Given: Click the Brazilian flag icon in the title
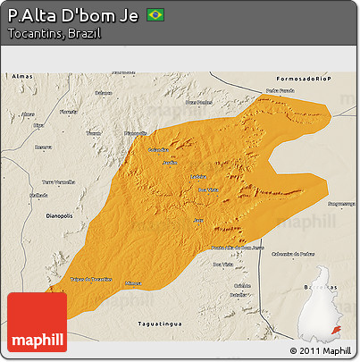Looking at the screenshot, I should (x=155, y=15).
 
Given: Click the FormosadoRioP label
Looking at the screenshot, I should (x=303, y=79).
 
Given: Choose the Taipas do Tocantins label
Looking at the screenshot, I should (x=90, y=280).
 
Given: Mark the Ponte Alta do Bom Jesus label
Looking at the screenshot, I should (x=236, y=247).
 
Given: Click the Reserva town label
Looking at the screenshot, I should (x=43, y=147).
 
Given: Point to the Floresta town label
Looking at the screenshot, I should (x=68, y=112).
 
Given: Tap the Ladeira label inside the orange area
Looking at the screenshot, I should (x=197, y=176).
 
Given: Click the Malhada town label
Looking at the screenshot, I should (x=38, y=194).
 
